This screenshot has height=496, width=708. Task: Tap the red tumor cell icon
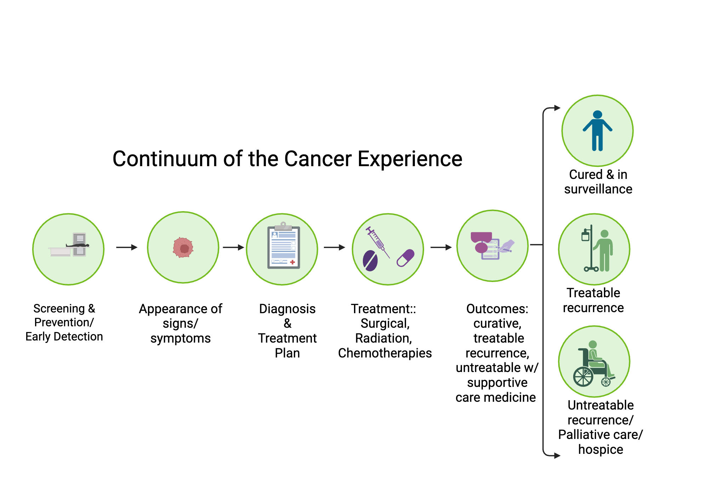click(183, 248)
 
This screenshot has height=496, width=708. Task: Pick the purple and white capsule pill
click(406, 258)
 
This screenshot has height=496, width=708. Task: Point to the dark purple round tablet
click(370, 261)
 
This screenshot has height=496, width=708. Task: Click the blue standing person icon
click(598, 130)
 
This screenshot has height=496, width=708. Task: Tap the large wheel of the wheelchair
click(583, 377)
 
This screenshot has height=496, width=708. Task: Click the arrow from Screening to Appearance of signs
click(127, 247)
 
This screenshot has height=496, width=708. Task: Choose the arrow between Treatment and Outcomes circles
click(441, 247)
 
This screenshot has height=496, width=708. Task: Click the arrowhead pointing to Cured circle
click(557, 108)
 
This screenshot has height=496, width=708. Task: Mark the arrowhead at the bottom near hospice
click(557, 456)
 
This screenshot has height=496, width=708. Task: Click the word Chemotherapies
click(385, 353)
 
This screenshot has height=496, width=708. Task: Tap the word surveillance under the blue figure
click(598, 189)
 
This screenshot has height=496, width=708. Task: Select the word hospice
click(600, 450)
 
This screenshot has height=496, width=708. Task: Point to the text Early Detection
click(64, 337)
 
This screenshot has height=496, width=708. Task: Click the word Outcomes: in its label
click(497, 309)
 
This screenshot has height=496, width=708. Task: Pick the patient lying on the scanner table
click(78, 245)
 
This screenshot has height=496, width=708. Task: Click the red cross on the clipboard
click(292, 262)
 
